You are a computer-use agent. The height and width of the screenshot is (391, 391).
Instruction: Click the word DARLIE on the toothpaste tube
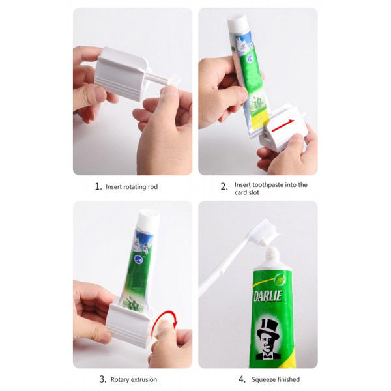tap(268, 297)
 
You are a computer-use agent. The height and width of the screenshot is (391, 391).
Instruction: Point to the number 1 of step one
tap(98, 186)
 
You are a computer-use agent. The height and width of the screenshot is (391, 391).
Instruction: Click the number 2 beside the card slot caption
tap(224, 186)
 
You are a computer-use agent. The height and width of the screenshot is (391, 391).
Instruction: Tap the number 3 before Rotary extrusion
tap(103, 379)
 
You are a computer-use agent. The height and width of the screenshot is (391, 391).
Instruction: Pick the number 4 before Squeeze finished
tap(242, 379)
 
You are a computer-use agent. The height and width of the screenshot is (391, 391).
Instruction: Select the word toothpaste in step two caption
tap(267, 185)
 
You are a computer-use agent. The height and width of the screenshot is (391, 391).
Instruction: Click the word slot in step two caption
tap(253, 192)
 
